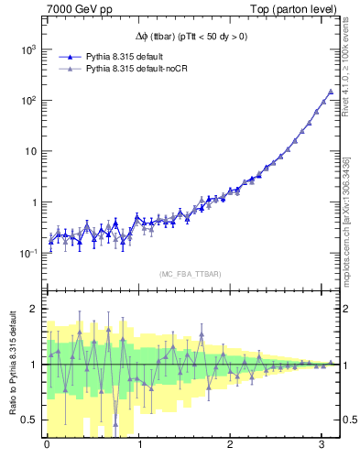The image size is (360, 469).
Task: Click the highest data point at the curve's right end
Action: (331, 92)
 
